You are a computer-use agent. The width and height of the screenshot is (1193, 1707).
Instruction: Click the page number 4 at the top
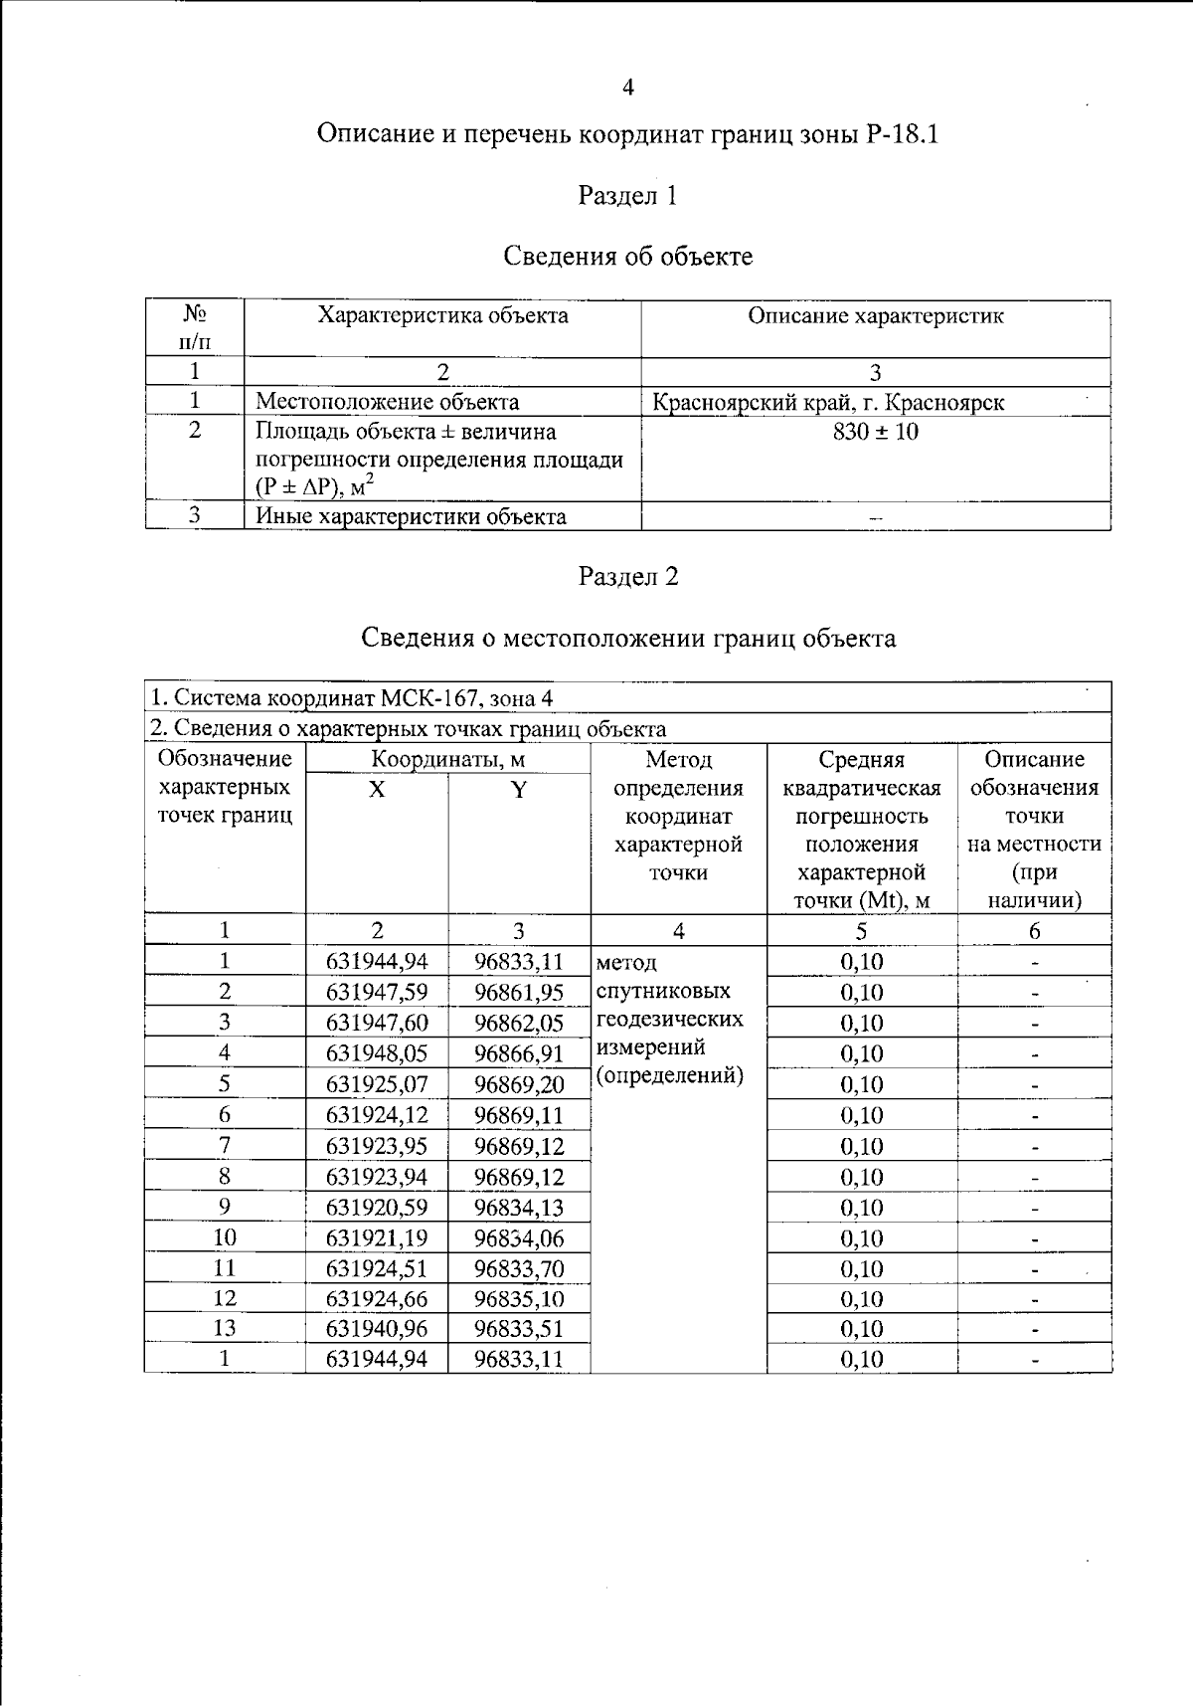627,88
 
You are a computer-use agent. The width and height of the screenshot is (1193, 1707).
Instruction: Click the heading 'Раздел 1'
627,195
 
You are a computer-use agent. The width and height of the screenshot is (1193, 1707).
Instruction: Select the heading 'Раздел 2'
628,576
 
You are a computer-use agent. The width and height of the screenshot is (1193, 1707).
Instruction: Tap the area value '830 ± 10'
875,432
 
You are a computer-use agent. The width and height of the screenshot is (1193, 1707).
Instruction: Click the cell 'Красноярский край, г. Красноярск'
827,403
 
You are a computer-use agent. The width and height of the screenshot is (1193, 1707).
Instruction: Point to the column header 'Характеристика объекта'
442,316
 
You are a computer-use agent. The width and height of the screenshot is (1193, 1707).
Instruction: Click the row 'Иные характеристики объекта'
411,516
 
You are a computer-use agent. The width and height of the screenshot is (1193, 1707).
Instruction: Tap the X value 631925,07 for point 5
376,1084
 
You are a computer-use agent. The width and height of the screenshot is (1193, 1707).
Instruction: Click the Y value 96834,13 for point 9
518,1208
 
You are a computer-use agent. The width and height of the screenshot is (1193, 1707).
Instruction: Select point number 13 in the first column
225,1328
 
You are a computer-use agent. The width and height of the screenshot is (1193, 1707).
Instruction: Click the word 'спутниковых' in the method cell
663,991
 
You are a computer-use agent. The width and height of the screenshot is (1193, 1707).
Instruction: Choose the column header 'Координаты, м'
447,760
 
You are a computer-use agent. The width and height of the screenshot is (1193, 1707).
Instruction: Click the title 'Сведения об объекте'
627,257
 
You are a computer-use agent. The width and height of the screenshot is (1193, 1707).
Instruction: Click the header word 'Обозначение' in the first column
225,759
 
